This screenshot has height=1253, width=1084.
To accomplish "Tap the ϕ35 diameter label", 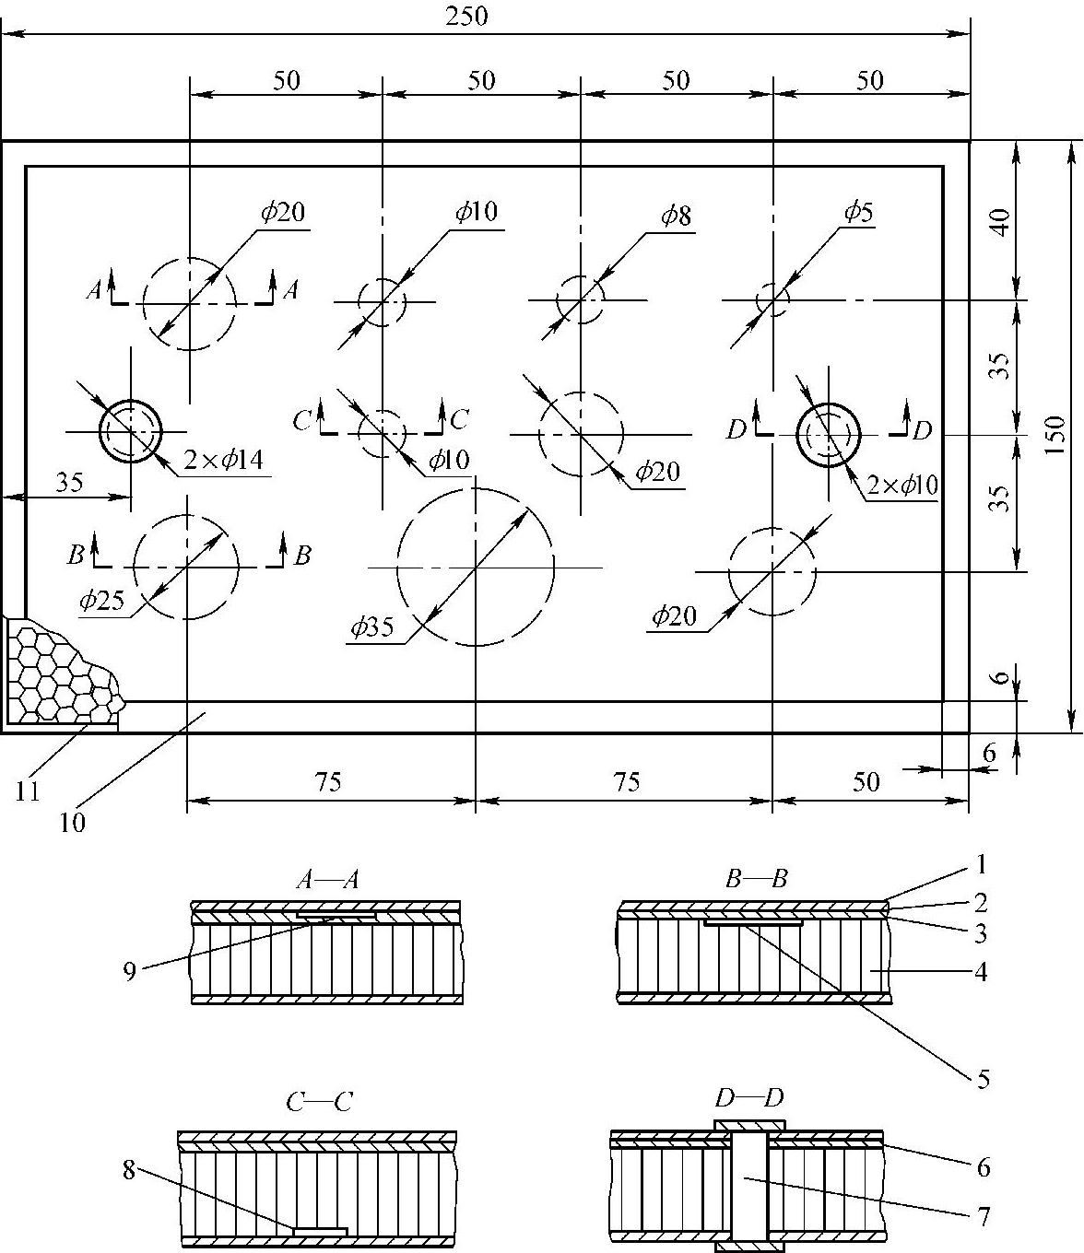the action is pyautogui.click(x=371, y=628).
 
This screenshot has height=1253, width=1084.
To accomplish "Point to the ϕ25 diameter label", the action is pyautogui.click(x=101, y=601).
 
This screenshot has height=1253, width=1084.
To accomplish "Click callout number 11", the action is pyautogui.click(x=28, y=790).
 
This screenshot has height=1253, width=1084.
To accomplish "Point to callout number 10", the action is pyautogui.click(x=72, y=822).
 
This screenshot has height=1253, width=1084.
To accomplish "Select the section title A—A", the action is pyautogui.click(x=326, y=880).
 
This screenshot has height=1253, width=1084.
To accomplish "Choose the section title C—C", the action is pyautogui.click(x=318, y=1101).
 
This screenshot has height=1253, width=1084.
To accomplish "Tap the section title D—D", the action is pyautogui.click(x=748, y=1098).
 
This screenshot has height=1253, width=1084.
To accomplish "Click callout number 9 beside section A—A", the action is pyautogui.click(x=130, y=970).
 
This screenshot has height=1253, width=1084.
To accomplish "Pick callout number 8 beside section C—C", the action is pyautogui.click(x=129, y=1171).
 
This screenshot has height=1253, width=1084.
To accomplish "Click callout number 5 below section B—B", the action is pyautogui.click(x=983, y=1079).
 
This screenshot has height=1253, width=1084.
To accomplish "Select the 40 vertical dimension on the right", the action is pyautogui.click(x=1001, y=221).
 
